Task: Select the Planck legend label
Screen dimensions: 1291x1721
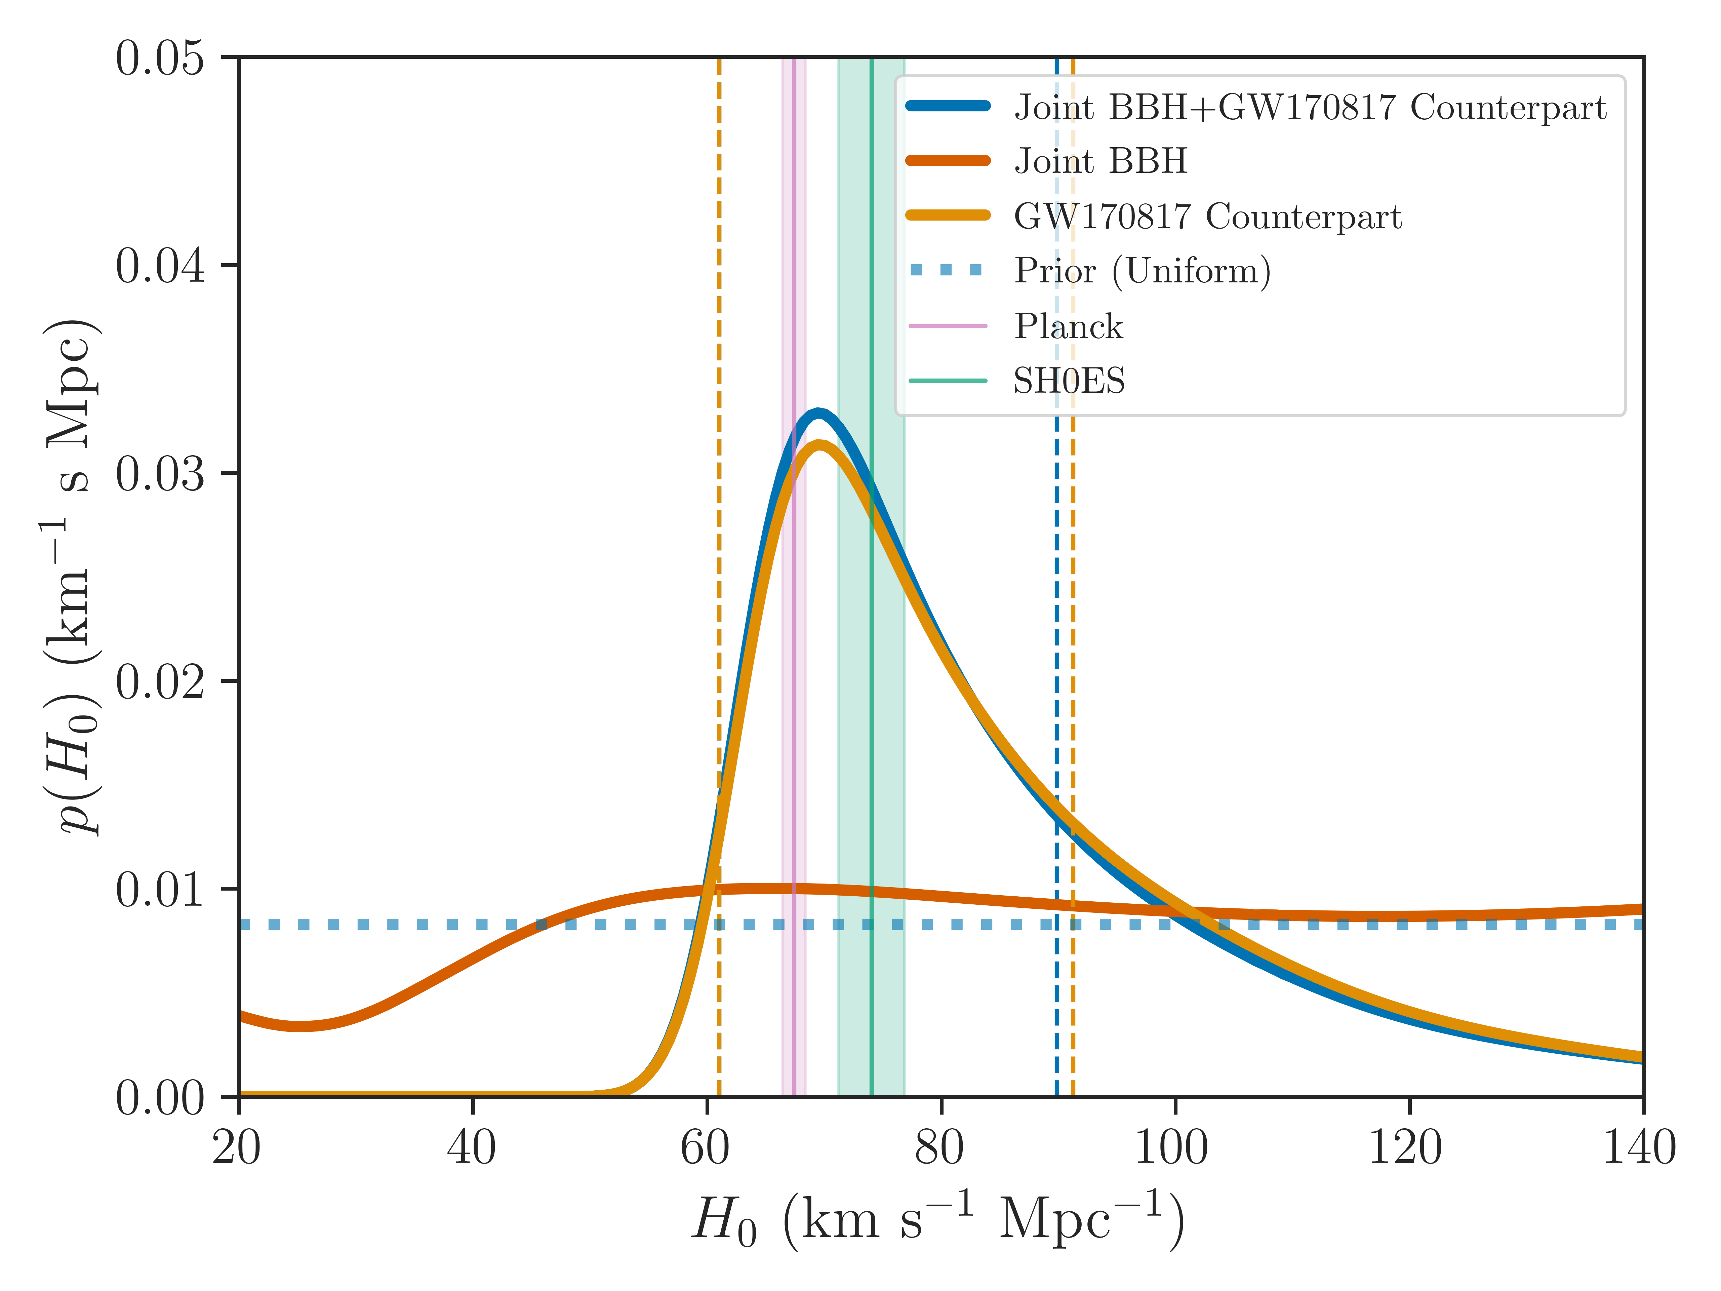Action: click(x=1068, y=326)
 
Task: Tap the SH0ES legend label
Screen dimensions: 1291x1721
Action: click(x=1069, y=381)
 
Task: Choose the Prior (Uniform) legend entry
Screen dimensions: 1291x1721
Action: click(x=1142, y=271)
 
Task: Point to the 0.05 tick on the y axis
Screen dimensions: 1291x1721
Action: click(x=160, y=58)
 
